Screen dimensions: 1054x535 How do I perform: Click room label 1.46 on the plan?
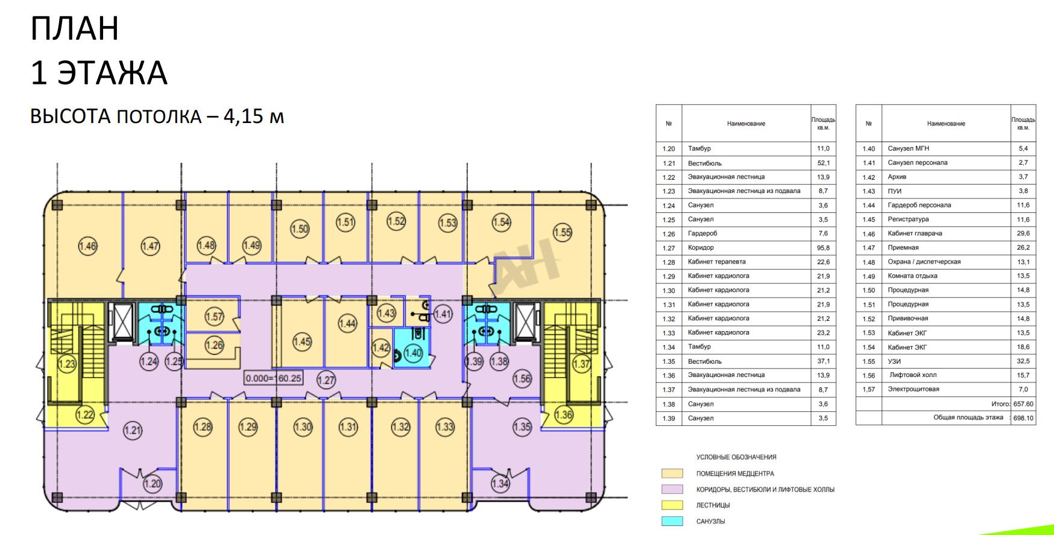(88, 246)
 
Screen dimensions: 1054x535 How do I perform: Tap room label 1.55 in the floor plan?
(563, 232)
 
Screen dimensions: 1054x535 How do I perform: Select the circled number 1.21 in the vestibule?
(133, 431)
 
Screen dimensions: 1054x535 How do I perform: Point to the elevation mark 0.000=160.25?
(273, 379)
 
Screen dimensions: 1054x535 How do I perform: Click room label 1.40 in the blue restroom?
(413, 353)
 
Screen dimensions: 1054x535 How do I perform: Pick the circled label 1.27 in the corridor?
(326, 380)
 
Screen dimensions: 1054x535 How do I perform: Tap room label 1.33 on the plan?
(445, 427)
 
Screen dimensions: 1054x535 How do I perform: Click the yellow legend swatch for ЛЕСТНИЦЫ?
(672, 505)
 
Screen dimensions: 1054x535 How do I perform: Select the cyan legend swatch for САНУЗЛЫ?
(672, 521)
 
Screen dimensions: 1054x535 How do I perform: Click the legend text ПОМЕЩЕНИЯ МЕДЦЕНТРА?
(735, 473)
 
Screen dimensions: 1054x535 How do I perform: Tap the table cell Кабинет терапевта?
(716, 262)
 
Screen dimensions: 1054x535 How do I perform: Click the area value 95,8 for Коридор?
(823, 248)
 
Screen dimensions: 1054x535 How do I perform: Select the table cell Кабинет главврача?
(915, 233)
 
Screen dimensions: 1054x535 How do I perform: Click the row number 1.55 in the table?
(868, 361)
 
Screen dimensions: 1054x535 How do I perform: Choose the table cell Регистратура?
(908, 220)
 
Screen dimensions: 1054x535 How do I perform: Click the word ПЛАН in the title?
(75, 29)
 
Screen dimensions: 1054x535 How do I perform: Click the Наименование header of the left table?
(746, 124)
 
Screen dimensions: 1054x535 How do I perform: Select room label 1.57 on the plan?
(214, 317)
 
